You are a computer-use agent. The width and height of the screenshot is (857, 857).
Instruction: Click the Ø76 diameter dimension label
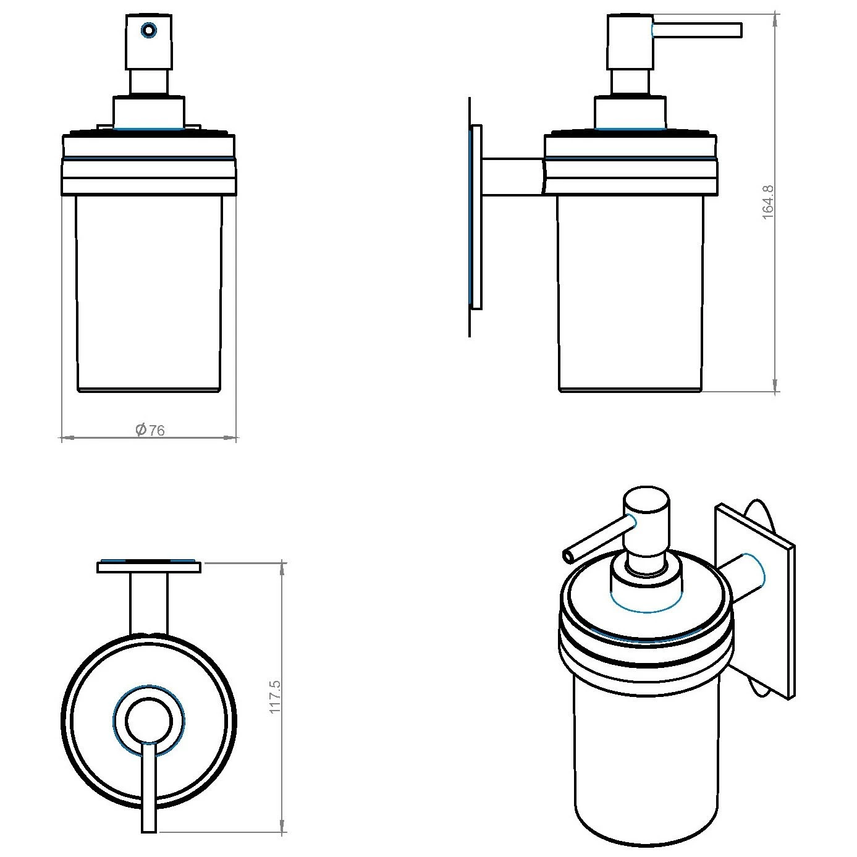click(150, 430)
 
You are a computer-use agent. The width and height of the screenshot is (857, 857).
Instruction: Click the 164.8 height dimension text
click(768, 203)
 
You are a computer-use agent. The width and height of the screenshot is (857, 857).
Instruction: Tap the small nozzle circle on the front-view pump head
click(148, 31)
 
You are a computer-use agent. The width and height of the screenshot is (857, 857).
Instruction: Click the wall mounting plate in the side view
click(476, 217)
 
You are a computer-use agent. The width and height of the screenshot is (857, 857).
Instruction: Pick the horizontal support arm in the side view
click(513, 177)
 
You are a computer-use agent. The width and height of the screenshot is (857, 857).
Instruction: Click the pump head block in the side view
click(630, 42)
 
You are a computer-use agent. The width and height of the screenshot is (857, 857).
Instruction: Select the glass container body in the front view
click(149, 293)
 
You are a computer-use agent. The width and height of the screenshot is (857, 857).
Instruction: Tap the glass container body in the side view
click(631, 293)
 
